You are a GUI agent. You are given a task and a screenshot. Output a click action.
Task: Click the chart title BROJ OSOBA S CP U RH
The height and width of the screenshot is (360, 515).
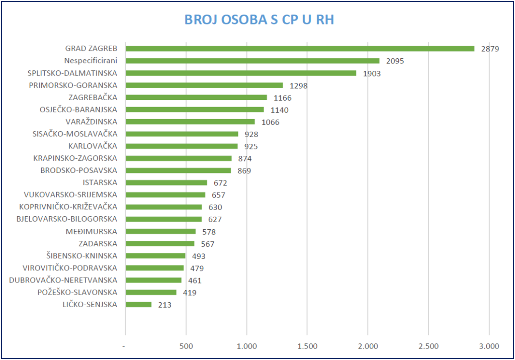pyautogui.click(x=259, y=20)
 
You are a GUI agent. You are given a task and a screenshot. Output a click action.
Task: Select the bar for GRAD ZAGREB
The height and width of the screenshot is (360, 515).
pyautogui.click(x=300, y=49)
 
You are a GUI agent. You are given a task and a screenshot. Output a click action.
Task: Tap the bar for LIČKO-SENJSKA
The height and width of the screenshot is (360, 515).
pyautogui.click(x=138, y=304)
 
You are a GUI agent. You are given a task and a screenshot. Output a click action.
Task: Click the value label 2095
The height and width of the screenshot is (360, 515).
pyautogui.click(x=395, y=61)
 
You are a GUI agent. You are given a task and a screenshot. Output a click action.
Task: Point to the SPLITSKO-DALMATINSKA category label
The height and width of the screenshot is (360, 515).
pyautogui.click(x=72, y=73)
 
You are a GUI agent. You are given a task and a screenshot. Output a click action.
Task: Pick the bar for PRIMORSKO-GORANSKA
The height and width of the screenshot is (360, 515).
pyautogui.click(x=204, y=85)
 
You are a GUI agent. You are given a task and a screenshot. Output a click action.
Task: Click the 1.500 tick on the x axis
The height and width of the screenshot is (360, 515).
pyautogui.click(x=307, y=346)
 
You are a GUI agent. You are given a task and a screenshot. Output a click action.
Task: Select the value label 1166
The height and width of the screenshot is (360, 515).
pyautogui.click(x=283, y=98)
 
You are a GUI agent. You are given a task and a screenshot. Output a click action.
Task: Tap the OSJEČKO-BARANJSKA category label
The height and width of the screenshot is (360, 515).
pyautogui.click(x=78, y=110)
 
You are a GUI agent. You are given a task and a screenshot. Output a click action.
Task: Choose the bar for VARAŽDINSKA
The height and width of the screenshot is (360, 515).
pyautogui.click(x=190, y=122)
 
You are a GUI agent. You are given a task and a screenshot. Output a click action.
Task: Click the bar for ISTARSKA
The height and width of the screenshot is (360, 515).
pyautogui.click(x=166, y=183)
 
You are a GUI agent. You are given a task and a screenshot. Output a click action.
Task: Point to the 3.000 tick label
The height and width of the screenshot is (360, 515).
pyautogui.click(x=488, y=346)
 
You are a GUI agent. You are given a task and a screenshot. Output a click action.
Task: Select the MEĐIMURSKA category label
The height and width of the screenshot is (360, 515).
pyautogui.click(x=92, y=231)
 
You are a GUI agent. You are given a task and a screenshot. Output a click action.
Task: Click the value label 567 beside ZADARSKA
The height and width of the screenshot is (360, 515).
pyautogui.click(x=208, y=244)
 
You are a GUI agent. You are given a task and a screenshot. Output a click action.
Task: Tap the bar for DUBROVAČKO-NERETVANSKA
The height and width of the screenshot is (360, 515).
pyautogui.click(x=153, y=280)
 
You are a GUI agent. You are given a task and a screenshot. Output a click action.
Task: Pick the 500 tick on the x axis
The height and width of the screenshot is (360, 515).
pyautogui.click(x=186, y=346)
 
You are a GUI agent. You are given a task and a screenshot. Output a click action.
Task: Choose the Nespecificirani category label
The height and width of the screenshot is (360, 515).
pyautogui.click(x=91, y=61)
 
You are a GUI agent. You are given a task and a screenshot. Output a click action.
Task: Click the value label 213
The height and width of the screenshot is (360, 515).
pyautogui.click(x=165, y=305)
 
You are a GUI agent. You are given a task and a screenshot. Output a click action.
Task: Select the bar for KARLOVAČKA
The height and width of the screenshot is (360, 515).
pyautogui.click(x=182, y=146)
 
